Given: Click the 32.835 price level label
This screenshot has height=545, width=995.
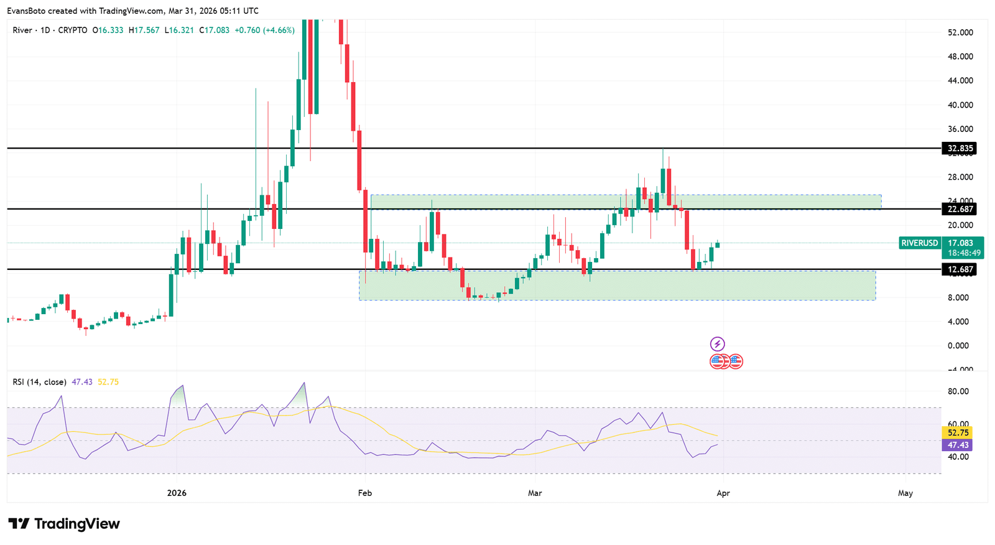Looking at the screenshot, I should tap(960, 148).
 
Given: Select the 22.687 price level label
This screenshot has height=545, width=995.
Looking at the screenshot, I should tap(960, 209).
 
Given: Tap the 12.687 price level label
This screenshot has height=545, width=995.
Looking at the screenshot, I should tap(960, 269).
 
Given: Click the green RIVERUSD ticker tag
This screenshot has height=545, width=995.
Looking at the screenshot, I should tap(919, 243).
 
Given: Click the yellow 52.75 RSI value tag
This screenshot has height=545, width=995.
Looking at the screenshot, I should tap(958, 432).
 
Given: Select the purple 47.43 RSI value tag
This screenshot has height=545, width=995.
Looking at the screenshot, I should tap(958, 445).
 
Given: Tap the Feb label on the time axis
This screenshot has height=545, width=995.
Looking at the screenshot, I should tap(365, 493).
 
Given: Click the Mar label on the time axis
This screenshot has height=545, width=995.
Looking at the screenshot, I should tap(535, 493).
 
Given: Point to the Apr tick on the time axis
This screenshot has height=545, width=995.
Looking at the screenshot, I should tap(723, 493).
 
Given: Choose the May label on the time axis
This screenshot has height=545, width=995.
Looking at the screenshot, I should tap(905, 493).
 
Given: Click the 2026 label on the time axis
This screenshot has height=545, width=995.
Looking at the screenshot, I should tap(177, 493).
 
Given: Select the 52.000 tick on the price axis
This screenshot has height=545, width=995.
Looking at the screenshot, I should tap(960, 32).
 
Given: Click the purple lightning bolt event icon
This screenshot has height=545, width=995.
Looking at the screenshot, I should tap(718, 344).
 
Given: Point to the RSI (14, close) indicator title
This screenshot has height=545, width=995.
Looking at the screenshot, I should tap(39, 382).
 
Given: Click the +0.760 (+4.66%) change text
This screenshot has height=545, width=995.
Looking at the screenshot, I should tap(264, 30).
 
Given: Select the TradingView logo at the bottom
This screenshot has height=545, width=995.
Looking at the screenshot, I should tap(64, 524).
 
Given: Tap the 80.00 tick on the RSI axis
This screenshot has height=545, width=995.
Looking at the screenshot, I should tap(958, 391).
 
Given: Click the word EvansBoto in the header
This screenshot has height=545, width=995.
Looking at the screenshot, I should tap(25, 11).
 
